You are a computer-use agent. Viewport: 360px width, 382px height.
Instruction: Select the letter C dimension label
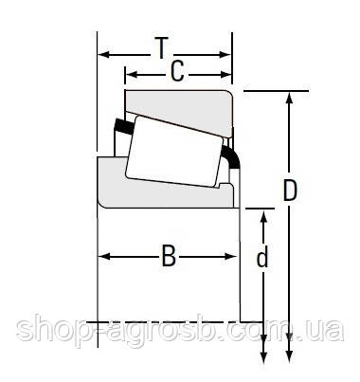[x=175, y=72]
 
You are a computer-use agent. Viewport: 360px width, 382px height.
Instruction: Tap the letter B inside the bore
[x=169, y=256]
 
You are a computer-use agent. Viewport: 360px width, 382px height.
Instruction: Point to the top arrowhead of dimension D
[x=291, y=96]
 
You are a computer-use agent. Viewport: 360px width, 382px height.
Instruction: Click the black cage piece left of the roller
[x=122, y=126]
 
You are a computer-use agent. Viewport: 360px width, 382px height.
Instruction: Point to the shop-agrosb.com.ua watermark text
[x=180, y=333]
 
